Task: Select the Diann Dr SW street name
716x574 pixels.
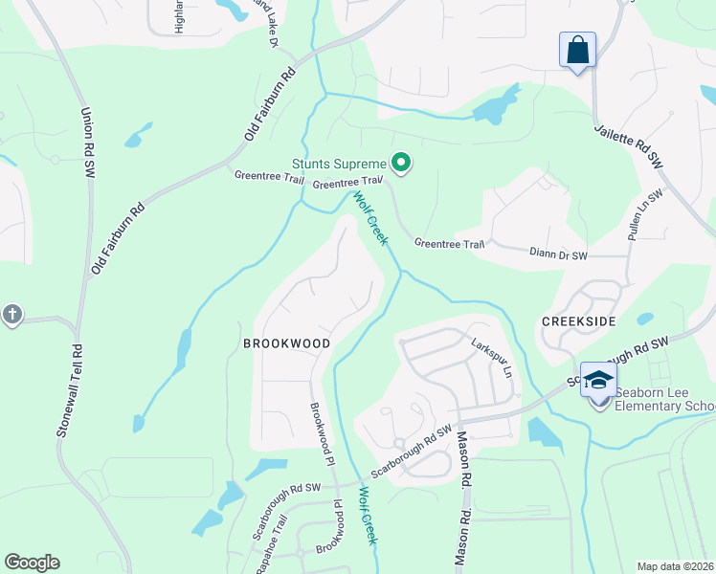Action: coord(558,255)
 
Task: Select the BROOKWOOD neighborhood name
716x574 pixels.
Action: coord(286,342)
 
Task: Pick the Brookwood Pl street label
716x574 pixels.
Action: coord(321,432)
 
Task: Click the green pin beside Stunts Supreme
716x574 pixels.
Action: coord(402,165)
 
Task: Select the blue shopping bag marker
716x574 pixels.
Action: coord(577,50)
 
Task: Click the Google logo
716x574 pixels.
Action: coord(32,563)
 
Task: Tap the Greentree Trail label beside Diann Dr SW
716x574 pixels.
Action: coord(449,244)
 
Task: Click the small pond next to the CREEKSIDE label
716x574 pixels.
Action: coord(644,319)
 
